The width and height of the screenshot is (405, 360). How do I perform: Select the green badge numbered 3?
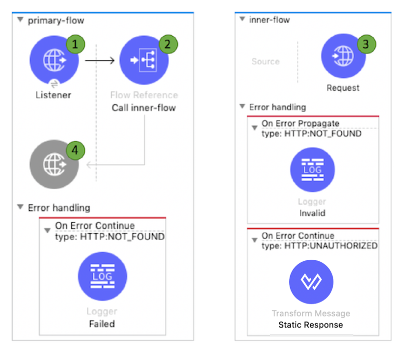tap(365, 44)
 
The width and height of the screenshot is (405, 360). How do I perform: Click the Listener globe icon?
tap(54, 61)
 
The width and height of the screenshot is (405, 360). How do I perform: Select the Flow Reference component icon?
tap(144, 61)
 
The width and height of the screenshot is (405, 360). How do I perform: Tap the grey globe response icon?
tap(54, 165)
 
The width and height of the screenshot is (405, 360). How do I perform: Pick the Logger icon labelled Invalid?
tap(312, 170)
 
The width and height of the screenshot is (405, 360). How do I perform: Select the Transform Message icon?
tap(311, 282)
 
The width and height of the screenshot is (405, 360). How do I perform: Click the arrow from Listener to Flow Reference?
tap(100, 61)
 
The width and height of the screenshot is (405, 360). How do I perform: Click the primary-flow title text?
tap(56, 20)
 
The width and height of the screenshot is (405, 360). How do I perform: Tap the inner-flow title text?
tap(269, 20)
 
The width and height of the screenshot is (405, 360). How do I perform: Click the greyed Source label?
tap(265, 61)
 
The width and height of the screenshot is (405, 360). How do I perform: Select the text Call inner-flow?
tap(143, 108)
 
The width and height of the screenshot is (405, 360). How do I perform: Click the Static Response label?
tap(310, 325)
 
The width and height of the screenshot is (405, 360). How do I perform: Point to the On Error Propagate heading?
tap(300, 123)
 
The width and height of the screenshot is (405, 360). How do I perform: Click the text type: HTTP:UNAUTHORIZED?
tap(319, 246)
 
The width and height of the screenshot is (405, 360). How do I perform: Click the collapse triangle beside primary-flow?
tap(20, 20)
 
